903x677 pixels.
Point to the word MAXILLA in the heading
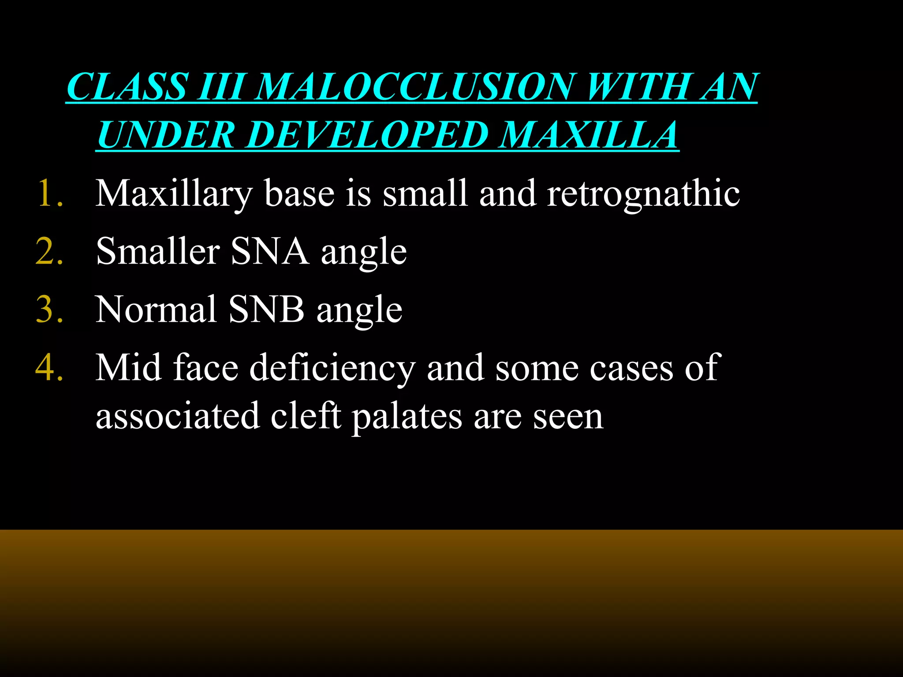pyautogui.click(x=589, y=135)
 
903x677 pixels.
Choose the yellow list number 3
pyautogui.click(x=49, y=309)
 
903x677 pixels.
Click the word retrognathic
pyautogui.click(x=643, y=194)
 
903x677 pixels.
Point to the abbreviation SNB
pyautogui.click(x=266, y=309)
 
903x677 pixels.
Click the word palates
pyautogui.click(x=407, y=417)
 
